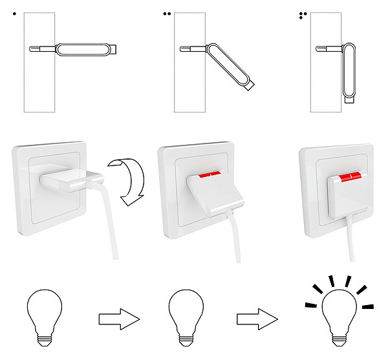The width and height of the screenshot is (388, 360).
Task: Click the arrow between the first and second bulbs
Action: click(x=119, y=319)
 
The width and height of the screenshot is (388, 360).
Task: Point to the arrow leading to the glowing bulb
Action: click(x=257, y=319)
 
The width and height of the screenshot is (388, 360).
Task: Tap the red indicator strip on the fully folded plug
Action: click(x=349, y=176)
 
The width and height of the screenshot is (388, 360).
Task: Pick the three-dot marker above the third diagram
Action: click(x=303, y=13)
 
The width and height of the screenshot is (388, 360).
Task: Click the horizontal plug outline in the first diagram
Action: click(x=84, y=50)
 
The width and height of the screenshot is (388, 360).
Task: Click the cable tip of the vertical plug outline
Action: click(x=350, y=100)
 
